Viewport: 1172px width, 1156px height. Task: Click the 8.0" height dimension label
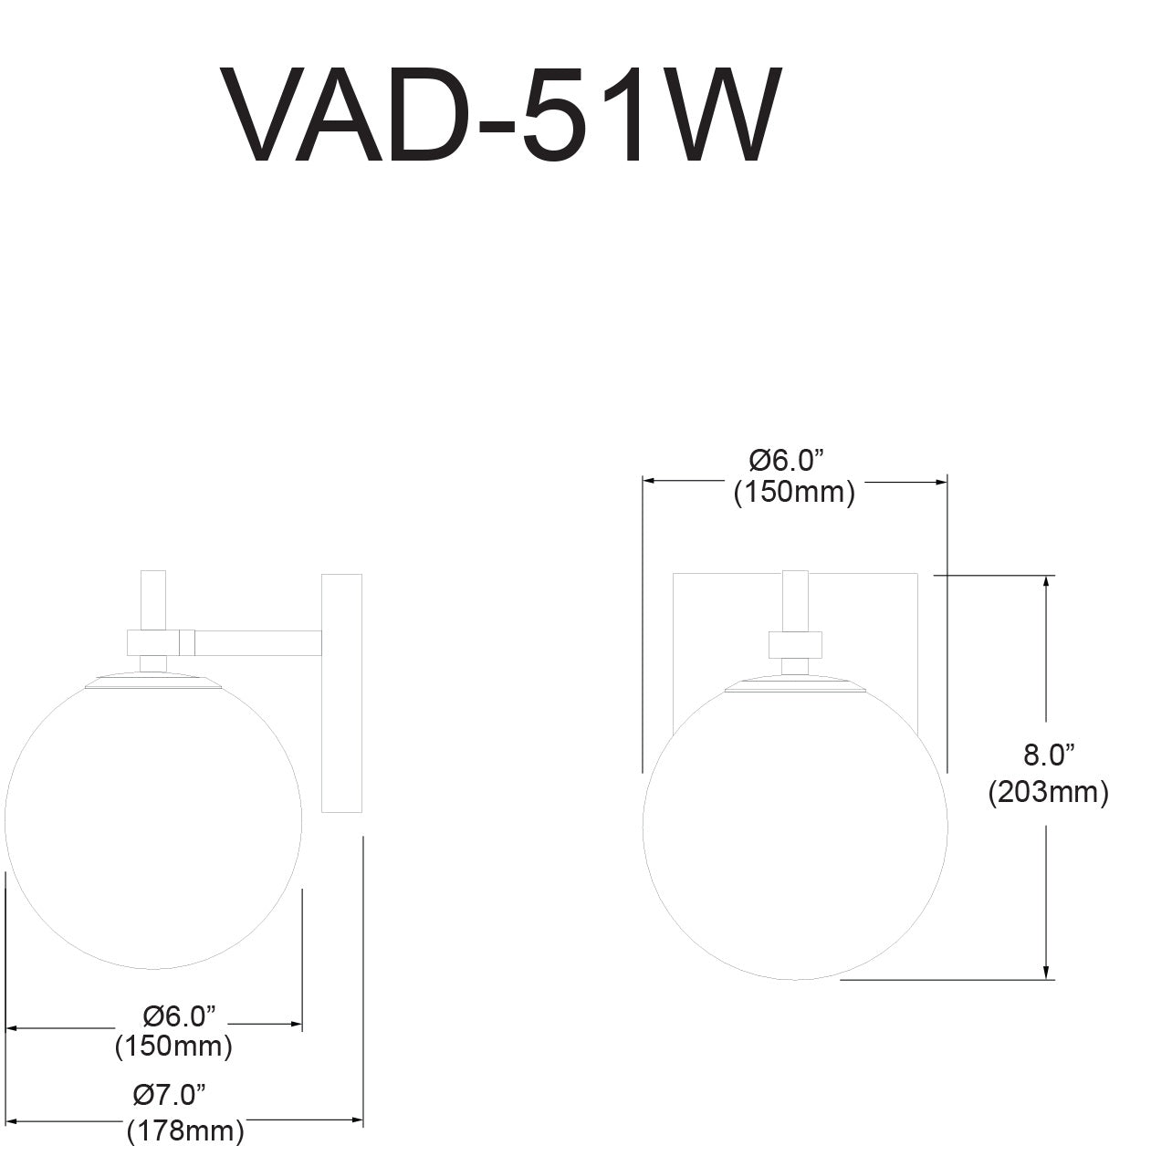click(x=1047, y=755)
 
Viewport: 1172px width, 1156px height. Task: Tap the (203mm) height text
click(x=1048, y=793)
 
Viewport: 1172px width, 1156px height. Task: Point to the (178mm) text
click(x=185, y=1131)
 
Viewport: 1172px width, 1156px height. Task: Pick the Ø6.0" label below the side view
click(x=180, y=1015)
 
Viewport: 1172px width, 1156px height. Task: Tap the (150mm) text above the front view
click(x=794, y=493)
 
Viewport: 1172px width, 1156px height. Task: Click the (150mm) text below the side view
click(x=173, y=1047)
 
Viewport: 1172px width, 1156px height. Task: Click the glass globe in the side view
click(x=153, y=821)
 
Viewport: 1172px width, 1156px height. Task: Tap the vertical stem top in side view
click(x=153, y=598)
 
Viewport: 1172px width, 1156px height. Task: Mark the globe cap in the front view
click(x=794, y=684)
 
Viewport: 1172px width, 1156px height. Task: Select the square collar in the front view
click(x=795, y=644)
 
